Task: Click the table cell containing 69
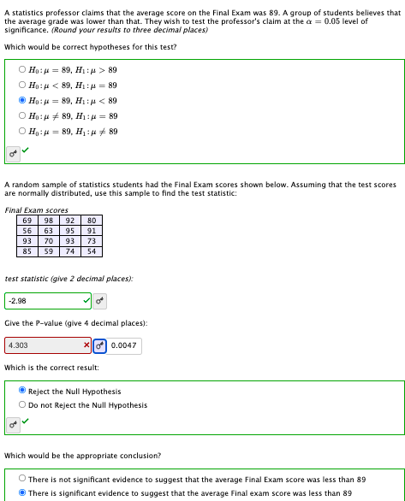(x=27, y=221)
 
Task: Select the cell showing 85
(x=27, y=251)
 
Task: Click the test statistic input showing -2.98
(x=43, y=301)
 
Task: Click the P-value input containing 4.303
(x=43, y=345)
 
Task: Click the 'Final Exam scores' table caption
(x=36, y=209)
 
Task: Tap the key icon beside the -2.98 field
(x=100, y=301)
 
